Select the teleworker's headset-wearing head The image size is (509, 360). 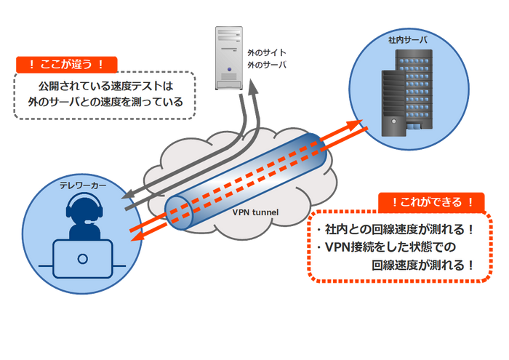click(x=83, y=212)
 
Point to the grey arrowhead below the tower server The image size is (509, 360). click(x=252, y=88)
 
